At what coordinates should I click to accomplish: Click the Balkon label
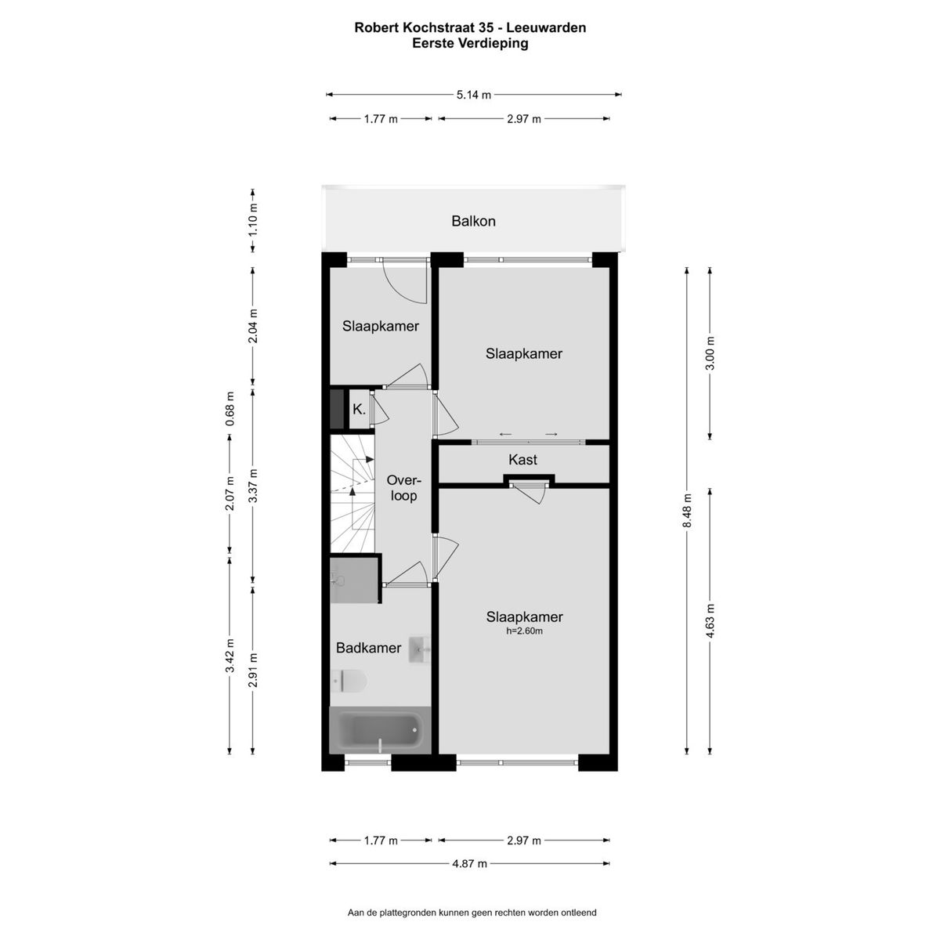pyautogui.click(x=473, y=221)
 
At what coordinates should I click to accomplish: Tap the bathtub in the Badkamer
pyautogui.click(x=381, y=730)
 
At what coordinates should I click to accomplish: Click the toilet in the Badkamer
pyautogui.click(x=349, y=681)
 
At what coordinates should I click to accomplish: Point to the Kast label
pyautogui.click(x=522, y=460)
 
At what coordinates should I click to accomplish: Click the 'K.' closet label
pyautogui.click(x=359, y=410)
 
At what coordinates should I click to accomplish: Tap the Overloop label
pyautogui.click(x=403, y=488)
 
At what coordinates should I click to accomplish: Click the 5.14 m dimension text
pyautogui.click(x=474, y=95)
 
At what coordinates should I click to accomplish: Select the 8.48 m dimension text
pyautogui.click(x=687, y=510)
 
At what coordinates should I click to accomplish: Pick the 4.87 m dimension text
pyautogui.click(x=469, y=864)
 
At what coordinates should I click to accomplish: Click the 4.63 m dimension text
pyautogui.click(x=710, y=620)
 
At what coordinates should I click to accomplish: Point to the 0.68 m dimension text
pyautogui.click(x=230, y=409)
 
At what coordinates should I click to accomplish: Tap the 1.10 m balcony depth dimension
pyautogui.click(x=253, y=220)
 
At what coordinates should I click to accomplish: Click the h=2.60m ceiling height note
pyautogui.click(x=524, y=631)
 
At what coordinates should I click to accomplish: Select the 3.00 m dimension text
pyautogui.click(x=710, y=353)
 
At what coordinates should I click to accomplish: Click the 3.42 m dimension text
pyautogui.click(x=230, y=655)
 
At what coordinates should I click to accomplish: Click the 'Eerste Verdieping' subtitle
pyautogui.click(x=470, y=43)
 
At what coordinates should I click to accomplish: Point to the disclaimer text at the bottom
pyautogui.click(x=472, y=913)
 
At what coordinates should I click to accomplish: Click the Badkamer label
pyautogui.click(x=368, y=648)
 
